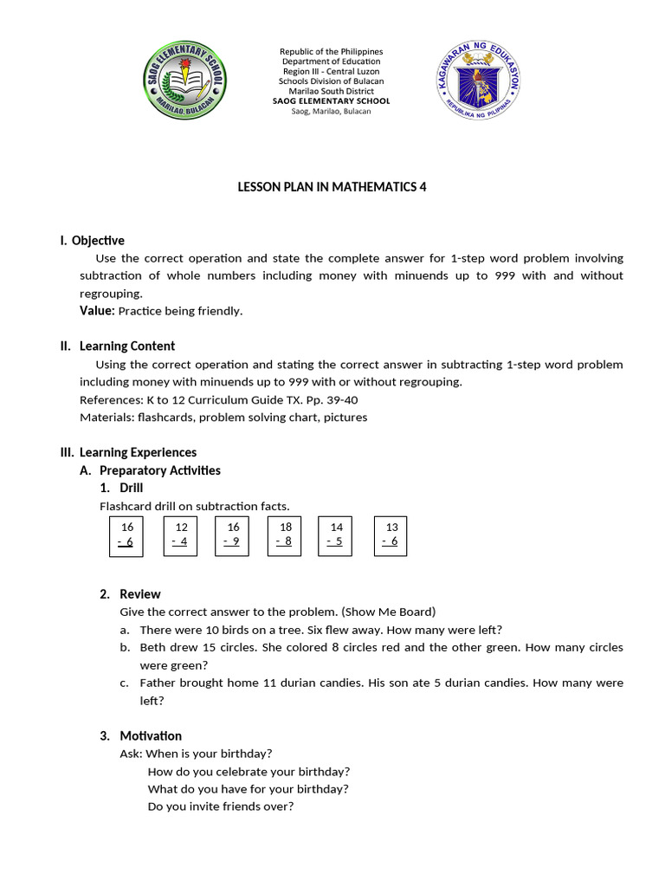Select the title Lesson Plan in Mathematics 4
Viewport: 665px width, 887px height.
pos(332,186)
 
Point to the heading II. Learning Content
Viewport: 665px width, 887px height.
pos(118,346)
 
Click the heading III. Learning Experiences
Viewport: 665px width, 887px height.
pos(128,452)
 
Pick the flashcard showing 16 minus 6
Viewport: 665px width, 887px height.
pos(126,535)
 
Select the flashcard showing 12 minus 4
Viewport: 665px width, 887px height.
pos(180,535)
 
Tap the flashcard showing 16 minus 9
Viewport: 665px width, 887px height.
pos(232,535)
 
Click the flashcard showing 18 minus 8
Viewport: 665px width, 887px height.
pos(285,535)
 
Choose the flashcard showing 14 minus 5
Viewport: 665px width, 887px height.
pos(336,535)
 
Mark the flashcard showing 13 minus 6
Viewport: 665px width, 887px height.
pos(391,535)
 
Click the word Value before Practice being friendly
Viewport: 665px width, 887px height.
pos(96,310)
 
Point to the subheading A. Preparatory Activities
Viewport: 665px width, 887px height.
pos(160,470)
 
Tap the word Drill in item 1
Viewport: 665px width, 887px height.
pos(132,488)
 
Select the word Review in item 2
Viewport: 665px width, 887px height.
pos(139,594)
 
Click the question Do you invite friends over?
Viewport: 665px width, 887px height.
pos(221,806)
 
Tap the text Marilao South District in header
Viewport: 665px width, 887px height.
pos(332,91)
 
